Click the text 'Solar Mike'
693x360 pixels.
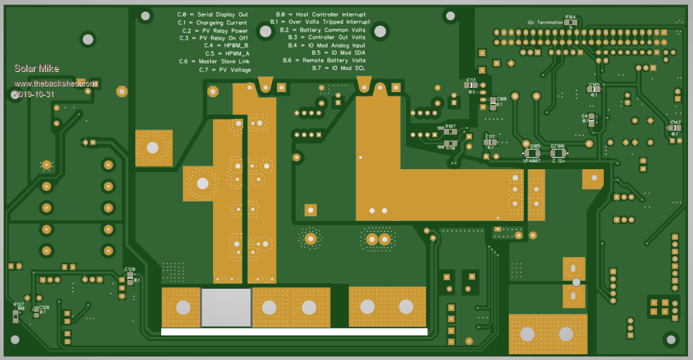click(37, 69)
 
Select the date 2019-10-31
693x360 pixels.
click(34, 94)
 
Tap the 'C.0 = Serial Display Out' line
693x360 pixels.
click(212, 14)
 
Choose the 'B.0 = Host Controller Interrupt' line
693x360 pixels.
click(321, 14)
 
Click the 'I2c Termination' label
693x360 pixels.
click(545, 22)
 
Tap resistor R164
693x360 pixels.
click(570, 22)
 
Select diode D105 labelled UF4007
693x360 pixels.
click(533, 153)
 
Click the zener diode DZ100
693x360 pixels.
click(558, 153)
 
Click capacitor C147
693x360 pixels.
click(674, 127)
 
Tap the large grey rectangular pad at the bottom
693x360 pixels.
click(226, 307)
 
